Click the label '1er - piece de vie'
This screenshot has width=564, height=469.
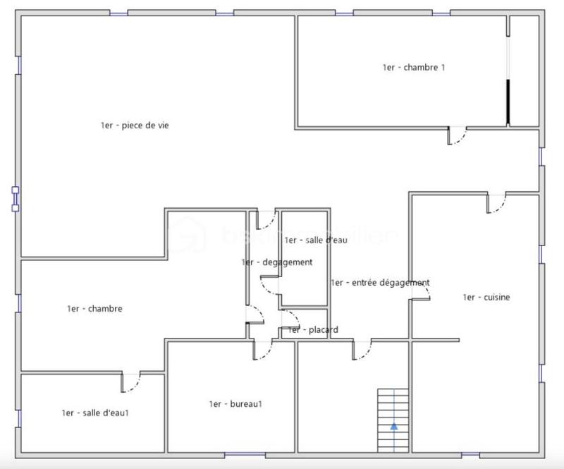(135, 126)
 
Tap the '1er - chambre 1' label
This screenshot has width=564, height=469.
(414, 68)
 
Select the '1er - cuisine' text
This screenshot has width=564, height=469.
(486, 298)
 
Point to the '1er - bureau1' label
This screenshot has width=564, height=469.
(235, 404)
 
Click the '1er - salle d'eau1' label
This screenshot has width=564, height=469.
(94, 413)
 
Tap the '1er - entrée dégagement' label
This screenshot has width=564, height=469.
(379, 283)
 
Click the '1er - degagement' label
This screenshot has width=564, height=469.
(276, 262)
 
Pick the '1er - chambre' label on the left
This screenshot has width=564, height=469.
(94, 309)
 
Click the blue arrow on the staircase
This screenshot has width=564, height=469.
(393, 426)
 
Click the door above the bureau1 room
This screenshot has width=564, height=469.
(262, 348)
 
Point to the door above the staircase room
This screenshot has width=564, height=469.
(362, 349)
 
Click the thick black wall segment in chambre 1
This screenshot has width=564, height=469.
(508, 102)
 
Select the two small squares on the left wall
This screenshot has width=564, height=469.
(16, 198)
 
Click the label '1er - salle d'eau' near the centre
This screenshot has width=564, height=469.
(316, 240)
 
